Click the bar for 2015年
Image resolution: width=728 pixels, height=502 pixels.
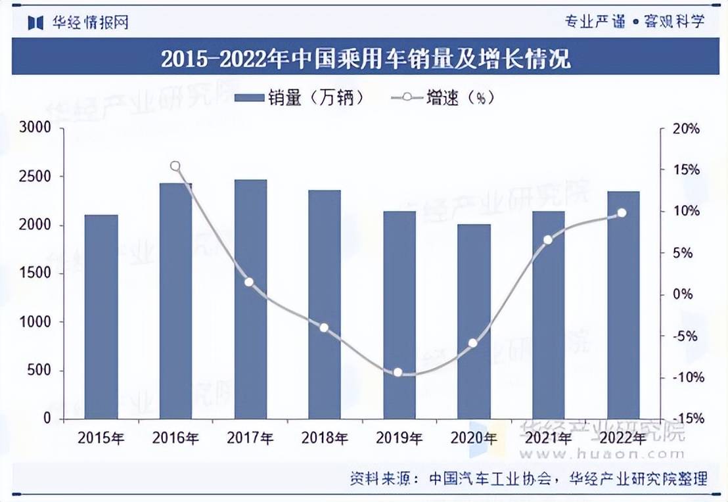coord(101,317)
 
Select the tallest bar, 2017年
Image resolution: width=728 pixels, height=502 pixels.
coord(250,299)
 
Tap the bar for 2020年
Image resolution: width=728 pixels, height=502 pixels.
coord(474,321)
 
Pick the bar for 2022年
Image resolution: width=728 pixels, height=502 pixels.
coord(623,305)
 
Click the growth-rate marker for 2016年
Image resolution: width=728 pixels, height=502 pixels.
coord(175,166)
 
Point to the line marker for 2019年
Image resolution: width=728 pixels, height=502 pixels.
coord(398,373)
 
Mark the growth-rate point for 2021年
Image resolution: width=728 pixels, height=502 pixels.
coord(548,239)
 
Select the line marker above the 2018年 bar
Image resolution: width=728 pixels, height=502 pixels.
coord(324,327)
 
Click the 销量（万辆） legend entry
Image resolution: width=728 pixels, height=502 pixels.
coord(299,98)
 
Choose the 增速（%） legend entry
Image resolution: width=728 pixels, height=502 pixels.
coord(442,98)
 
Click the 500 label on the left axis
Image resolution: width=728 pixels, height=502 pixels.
coord(39,371)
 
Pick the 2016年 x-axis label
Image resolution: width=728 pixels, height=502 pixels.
coord(175,438)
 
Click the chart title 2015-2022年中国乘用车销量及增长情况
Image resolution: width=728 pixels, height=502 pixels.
coord(365,60)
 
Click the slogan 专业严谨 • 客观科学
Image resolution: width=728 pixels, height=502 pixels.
coord(635,22)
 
